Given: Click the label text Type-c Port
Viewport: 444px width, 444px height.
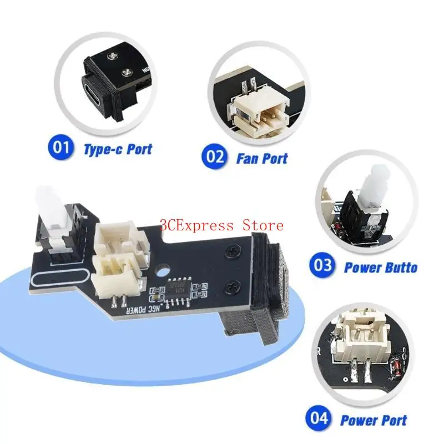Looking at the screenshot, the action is (x=117, y=149).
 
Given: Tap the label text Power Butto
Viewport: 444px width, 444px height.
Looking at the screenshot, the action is (x=380, y=268).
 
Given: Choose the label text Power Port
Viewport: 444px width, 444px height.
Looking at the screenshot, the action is (x=373, y=421).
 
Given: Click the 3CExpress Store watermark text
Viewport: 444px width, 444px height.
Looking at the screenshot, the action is (x=222, y=225).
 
